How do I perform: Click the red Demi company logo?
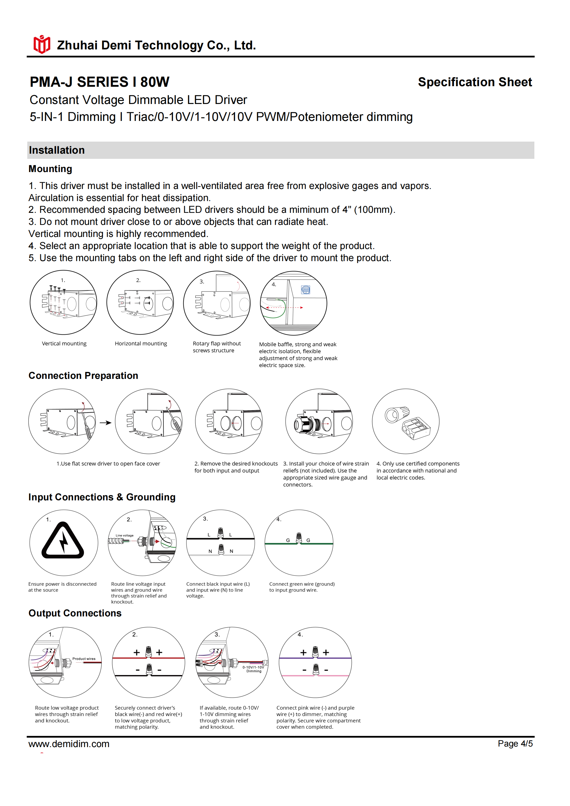(x=42, y=45)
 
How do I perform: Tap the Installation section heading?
(x=57, y=150)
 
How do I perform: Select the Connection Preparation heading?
(x=83, y=376)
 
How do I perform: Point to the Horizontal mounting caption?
(x=141, y=344)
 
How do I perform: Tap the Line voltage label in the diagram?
(x=125, y=535)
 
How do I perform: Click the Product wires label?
(x=84, y=659)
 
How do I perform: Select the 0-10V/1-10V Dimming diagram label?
(x=253, y=669)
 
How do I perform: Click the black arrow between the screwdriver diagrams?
(x=105, y=423)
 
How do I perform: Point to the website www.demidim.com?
(x=69, y=744)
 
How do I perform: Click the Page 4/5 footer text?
(x=515, y=743)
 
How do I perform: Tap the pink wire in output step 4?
(x=337, y=675)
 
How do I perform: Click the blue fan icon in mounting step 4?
(x=306, y=290)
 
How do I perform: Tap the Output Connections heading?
(x=75, y=613)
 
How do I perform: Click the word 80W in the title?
(x=155, y=82)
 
